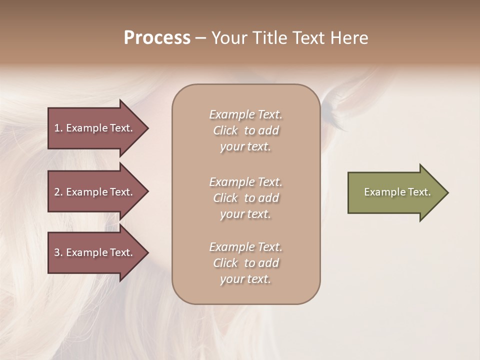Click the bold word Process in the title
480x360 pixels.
coord(157,38)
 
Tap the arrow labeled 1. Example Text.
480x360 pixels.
coord(95,128)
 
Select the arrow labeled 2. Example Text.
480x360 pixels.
coord(95,192)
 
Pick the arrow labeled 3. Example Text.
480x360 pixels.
coord(95,252)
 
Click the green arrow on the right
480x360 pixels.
coord(395,192)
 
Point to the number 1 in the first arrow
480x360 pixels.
coord(57,128)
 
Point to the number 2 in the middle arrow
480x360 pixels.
coord(57,192)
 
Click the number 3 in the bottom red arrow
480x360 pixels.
coord(57,252)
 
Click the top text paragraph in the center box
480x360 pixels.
coord(245,130)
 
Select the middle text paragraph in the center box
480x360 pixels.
coord(245,198)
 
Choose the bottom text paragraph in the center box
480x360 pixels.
coord(245,263)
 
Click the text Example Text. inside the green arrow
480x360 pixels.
coord(397,192)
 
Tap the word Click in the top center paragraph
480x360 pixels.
coord(225,130)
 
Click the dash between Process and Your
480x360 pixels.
coord(200,38)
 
